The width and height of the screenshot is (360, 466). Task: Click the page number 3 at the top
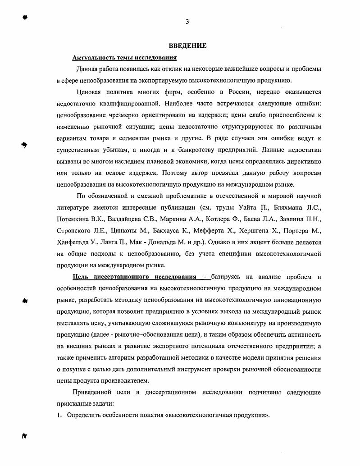187,22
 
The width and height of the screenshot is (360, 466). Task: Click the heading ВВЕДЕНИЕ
187,46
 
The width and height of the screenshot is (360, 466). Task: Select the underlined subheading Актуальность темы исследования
124,58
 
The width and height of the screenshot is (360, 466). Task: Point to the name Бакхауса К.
176,231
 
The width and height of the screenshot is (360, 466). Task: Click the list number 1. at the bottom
59,415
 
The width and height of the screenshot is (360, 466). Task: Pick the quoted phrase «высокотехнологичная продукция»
218,415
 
